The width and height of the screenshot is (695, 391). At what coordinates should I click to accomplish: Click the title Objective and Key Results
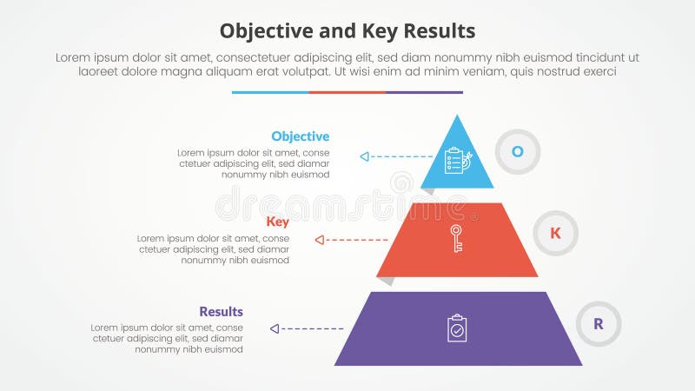[347, 31]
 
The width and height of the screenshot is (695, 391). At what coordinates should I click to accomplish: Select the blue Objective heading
[300, 136]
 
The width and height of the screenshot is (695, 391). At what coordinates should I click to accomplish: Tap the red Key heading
[278, 222]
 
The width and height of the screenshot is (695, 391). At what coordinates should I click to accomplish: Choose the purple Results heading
[221, 312]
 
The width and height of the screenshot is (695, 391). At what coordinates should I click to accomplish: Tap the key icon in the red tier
[457, 238]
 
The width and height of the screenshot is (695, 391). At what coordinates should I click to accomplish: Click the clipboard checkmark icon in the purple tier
[457, 328]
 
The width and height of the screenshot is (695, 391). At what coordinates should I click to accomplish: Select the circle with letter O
[517, 151]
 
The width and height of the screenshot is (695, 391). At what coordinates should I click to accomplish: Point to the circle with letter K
[555, 233]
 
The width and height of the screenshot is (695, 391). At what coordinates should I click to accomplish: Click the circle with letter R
[599, 324]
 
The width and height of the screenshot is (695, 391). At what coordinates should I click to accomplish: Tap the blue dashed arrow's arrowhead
[365, 156]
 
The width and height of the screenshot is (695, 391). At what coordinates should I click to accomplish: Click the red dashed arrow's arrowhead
[320, 239]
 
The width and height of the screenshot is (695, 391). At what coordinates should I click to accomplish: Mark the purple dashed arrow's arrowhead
[275, 328]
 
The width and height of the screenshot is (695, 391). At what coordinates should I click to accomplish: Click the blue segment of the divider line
[270, 92]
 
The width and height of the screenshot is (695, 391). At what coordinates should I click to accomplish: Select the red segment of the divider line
[347, 92]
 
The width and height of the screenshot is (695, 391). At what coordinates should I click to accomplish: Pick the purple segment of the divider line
[424, 92]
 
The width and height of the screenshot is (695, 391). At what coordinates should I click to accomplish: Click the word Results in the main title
[440, 31]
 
